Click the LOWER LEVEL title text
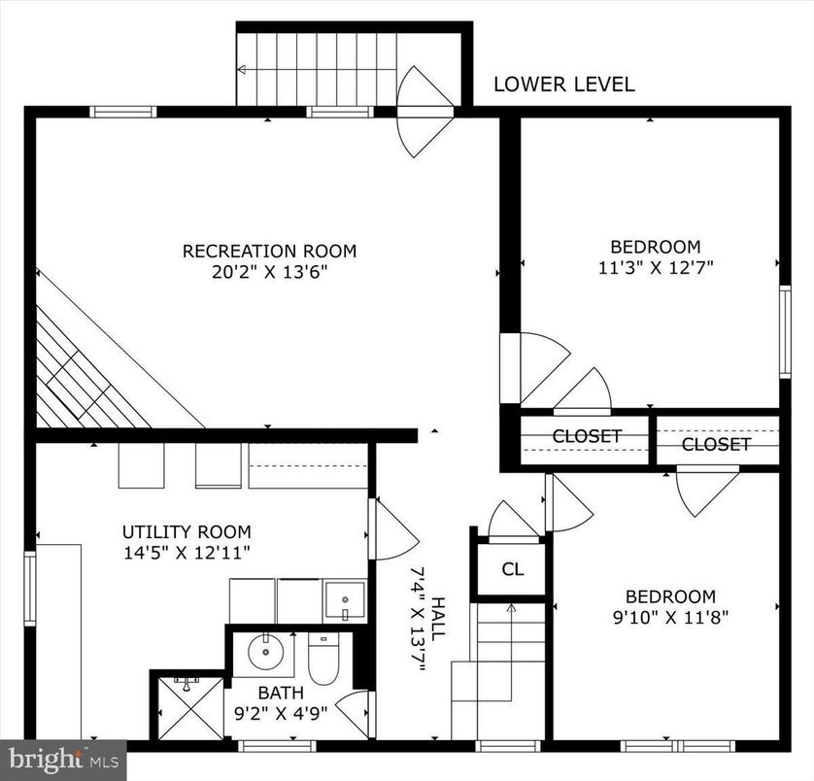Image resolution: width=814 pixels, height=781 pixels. tap(563, 85)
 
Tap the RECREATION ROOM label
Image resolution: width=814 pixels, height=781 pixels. tap(269, 251)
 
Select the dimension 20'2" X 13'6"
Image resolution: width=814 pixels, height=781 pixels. tap(269, 272)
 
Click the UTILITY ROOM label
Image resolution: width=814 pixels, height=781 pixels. tap(186, 531)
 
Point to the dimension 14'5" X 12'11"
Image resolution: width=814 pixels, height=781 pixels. tap(186, 553)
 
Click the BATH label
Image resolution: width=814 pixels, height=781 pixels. tap(280, 693)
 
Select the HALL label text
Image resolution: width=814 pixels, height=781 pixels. tap(438, 617)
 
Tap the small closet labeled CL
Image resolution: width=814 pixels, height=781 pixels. tap(512, 569)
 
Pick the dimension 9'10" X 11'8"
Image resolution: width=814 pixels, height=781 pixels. tap(669, 616)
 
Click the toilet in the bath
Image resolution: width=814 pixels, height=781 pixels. tap(322, 661)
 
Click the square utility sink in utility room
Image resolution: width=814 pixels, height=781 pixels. tap(344, 600)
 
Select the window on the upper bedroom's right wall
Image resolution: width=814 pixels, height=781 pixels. tap(785, 331)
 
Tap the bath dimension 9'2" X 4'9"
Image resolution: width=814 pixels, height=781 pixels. tap(280, 712)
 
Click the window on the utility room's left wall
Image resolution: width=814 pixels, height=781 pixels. tap(30, 589)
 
